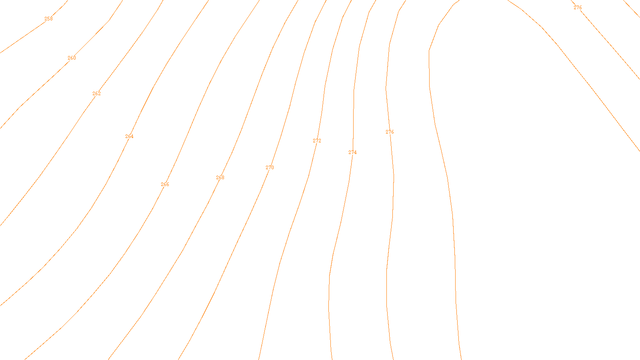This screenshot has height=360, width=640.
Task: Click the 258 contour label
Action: pyautogui.click(x=48, y=19)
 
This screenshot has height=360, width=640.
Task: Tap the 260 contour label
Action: pyautogui.click(x=72, y=58)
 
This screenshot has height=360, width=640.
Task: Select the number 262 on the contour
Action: pyautogui.click(x=96, y=94)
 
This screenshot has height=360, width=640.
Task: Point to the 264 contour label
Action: pyautogui.click(x=129, y=136)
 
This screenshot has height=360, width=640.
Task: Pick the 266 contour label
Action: pyautogui.click(x=165, y=184)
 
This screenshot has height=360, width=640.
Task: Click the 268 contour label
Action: pyautogui.click(x=220, y=178)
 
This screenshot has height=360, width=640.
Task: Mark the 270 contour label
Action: pyautogui.click(x=270, y=168)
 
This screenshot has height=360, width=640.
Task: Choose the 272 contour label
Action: pyautogui.click(x=317, y=141)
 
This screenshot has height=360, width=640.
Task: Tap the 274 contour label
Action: pyautogui.click(x=352, y=152)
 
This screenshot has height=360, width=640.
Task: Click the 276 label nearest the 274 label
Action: pyautogui.click(x=390, y=132)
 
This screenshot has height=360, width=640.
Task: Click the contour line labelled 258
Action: pyautogui.click(x=24, y=36)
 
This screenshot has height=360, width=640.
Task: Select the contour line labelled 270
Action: pyautogui.click(x=240, y=232)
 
